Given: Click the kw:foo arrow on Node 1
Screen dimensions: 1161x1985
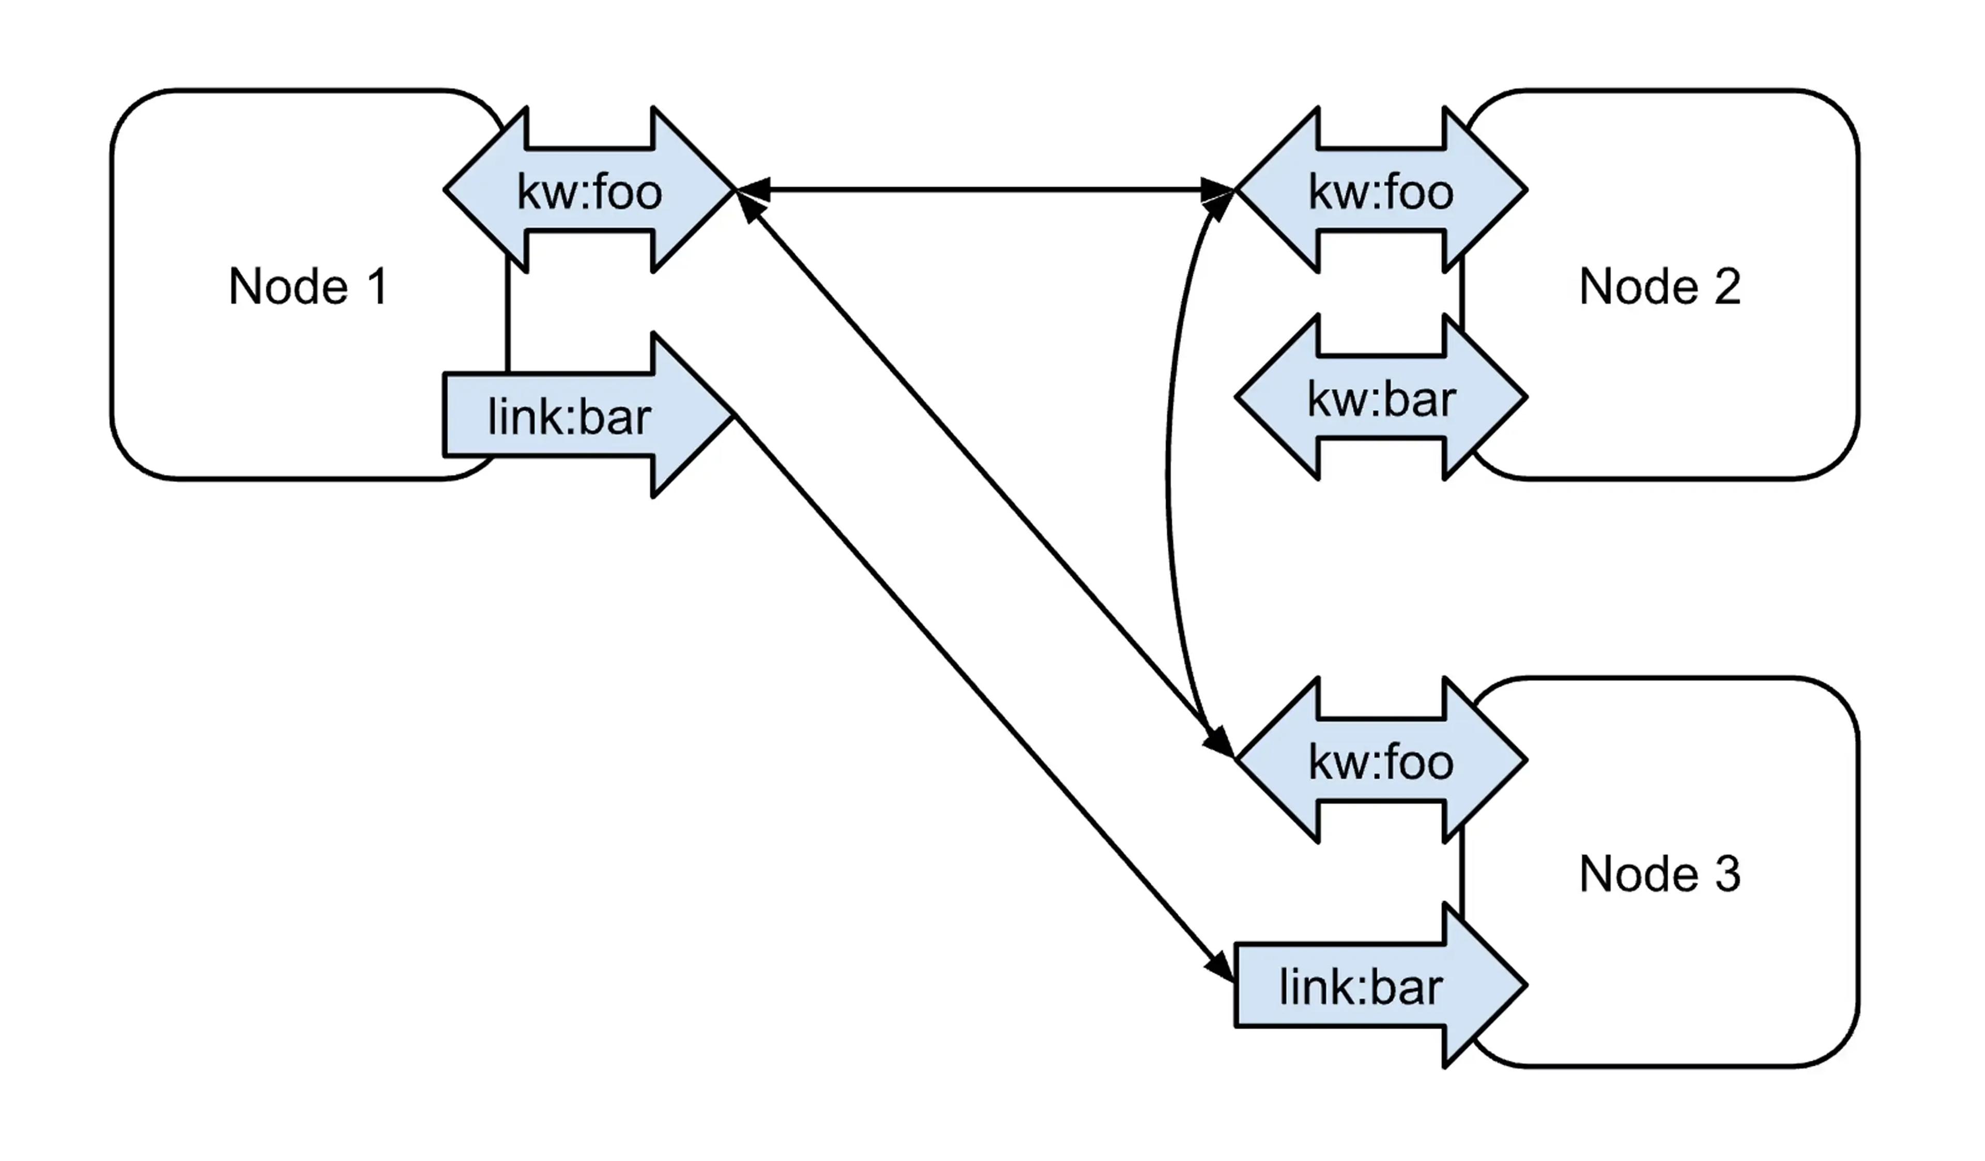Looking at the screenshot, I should tap(589, 191).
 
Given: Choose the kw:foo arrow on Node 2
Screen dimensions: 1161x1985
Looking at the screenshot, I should tap(1381, 191).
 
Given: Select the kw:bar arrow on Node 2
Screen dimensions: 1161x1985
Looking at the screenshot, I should tap(1381, 398).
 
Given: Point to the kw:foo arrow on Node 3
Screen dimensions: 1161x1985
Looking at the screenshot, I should tap(1381, 762).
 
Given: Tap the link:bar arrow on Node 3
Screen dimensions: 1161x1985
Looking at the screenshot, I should tap(1361, 987).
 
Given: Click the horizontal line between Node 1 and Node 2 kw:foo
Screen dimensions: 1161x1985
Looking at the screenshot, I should tap(985, 190).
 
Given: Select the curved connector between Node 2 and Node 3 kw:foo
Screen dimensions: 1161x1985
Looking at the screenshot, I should tap(1169, 473).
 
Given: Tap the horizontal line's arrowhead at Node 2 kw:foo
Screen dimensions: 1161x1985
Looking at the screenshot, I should tap(1217, 190).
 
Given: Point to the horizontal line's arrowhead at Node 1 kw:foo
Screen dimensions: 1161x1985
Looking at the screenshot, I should tap(754, 190).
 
